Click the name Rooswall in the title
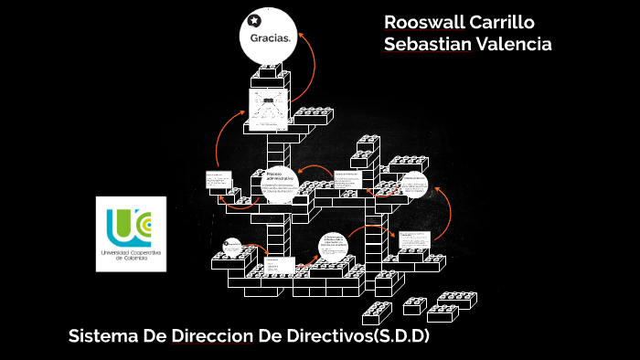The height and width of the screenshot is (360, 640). tap(423, 22)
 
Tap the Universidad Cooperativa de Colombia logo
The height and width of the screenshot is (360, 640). tap(131, 232)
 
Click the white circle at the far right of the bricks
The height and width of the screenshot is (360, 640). tap(415, 184)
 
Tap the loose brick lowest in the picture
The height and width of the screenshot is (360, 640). tap(376, 312)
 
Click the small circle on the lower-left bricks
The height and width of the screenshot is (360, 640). tap(232, 247)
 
